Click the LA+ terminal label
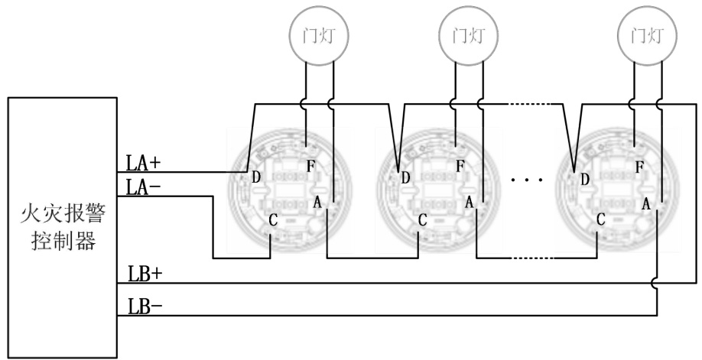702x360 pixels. point(143,164)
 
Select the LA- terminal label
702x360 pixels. point(143,186)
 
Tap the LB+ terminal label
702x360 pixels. point(145,274)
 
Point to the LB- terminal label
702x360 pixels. point(145,306)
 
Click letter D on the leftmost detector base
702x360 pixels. point(256,177)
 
